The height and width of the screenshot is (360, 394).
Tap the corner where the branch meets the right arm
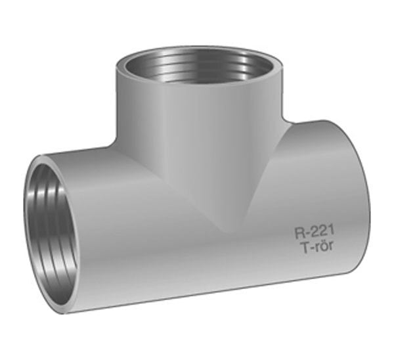point(286,121)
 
